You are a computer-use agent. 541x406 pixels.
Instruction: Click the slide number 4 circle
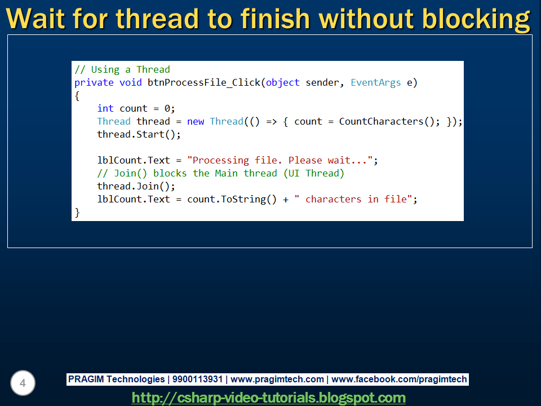click(x=23, y=383)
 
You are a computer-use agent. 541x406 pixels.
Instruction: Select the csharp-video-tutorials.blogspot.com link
click(x=268, y=398)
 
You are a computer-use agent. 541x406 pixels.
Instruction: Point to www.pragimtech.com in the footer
click(x=277, y=379)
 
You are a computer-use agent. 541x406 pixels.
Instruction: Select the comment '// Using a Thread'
click(x=122, y=69)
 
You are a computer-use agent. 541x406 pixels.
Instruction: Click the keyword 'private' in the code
click(x=94, y=82)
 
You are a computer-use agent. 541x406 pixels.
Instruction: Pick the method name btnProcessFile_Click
click(x=204, y=82)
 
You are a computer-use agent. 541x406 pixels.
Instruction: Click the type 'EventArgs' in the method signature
click(x=375, y=82)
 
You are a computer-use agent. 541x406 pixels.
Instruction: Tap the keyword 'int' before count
click(x=105, y=108)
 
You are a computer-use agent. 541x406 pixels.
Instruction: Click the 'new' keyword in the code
click(x=196, y=121)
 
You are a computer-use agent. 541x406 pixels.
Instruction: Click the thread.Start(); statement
click(x=139, y=134)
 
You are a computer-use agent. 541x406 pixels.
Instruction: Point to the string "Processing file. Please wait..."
click(x=280, y=160)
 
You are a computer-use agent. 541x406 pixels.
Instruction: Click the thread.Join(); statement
click(x=136, y=186)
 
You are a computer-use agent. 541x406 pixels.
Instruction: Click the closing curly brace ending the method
click(x=77, y=212)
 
